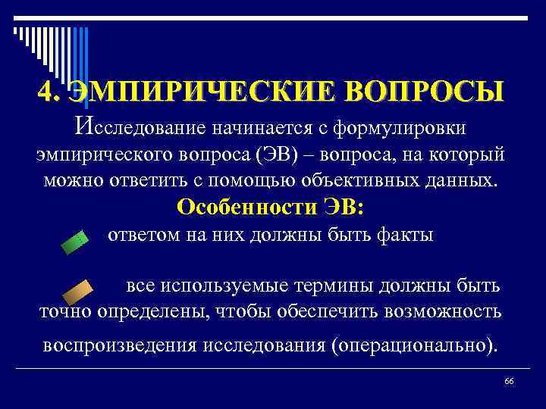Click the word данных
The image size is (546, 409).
click(x=462, y=180)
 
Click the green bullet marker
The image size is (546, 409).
click(x=74, y=243)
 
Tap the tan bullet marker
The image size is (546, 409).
click(x=77, y=292)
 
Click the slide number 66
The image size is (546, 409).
click(x=509, y=380)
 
